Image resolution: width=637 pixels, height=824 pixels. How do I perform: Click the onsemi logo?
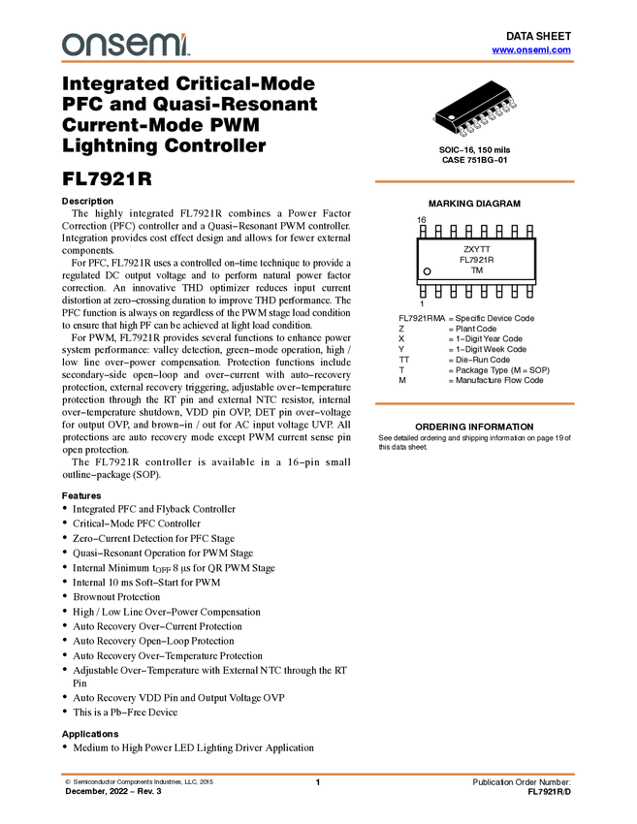click(x=125, y=44)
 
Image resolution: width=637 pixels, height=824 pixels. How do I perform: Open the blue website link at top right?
click(x=531, y=50)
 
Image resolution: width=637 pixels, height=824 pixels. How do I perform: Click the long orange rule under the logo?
click(x=318, y=62)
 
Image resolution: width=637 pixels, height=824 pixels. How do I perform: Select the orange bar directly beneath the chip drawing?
click(x=474, y=181)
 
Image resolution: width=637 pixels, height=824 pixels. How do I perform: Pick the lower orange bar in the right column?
click(x=474, y=403)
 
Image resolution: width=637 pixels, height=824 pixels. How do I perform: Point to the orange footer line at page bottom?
click(x=318, y=775)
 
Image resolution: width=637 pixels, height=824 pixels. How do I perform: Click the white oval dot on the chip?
click(x=451, y=117)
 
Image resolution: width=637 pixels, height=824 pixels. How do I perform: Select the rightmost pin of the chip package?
click(x=513, y=103)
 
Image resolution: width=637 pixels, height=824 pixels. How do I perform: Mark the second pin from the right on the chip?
click(x=505, y=107)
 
